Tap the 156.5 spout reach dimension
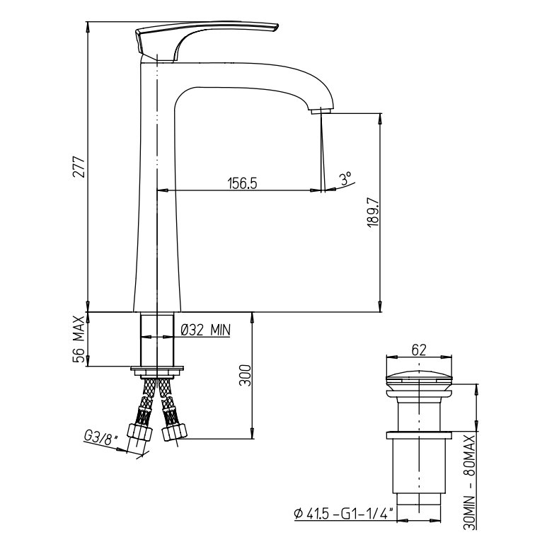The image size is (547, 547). click(242, 183)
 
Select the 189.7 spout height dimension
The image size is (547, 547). click(373, 212)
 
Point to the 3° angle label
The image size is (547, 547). click(346, 178)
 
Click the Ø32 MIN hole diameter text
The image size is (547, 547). click(206, 330)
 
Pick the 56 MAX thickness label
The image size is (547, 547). click(79, 339)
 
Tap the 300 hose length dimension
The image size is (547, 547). click(245, 375)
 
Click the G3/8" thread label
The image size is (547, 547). click(101, 437)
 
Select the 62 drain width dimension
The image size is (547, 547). click(419, 350)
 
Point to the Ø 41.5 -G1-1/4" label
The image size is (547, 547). click(344, 514)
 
